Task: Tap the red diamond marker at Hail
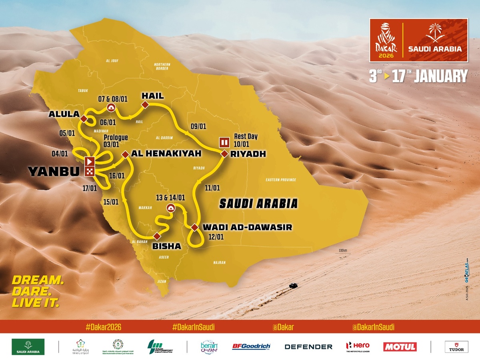point(145,105)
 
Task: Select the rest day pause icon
point(224,142)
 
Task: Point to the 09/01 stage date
point(198,126)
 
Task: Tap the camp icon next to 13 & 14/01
point(170,208)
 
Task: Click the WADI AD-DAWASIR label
point(247,227)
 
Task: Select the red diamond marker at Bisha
point(156,236)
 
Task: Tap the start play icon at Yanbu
point(90,162)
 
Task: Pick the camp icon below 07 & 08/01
point(111,107)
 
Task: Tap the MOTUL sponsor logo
point(400,346)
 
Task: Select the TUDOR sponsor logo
point(456,346)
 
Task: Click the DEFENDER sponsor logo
point(308,347)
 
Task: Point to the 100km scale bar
point(343,251)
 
